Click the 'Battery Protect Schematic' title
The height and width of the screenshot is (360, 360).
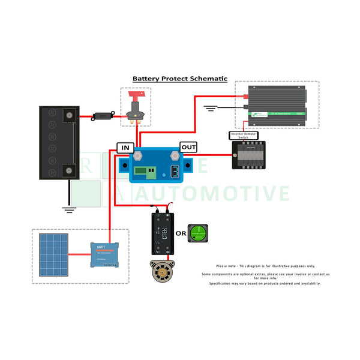[180, 78]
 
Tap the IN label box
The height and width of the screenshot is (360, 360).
[125, 148]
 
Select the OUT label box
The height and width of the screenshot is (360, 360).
[188, 147]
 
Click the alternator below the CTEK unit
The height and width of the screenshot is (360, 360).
[163, 274]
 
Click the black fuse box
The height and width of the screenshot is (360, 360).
[248, 155]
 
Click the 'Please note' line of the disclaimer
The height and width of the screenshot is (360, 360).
[265, 266]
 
